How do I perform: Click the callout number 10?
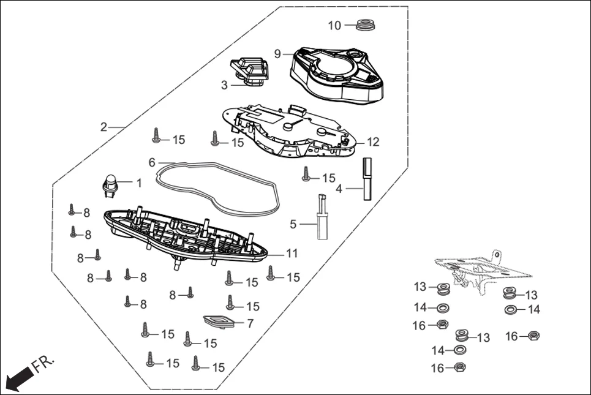tap(334, 25)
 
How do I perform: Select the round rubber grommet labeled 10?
tap(366, 26)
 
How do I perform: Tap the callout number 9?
tap(277, 54)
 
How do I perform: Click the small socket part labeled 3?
tap(249, 70)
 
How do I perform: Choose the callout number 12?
tap(373, 142)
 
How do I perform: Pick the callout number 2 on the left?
tap(104, 127)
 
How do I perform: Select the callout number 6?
tap(152, 162)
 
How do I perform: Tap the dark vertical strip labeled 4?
tap(368, 179)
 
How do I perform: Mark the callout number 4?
tap(339, 189)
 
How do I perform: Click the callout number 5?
tap(293, 224)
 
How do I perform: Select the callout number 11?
tap(292, 253)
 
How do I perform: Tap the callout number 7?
tap(250, 323)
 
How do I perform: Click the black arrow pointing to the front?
tap(17, 376)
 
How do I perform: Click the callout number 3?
tap(224, 85)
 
